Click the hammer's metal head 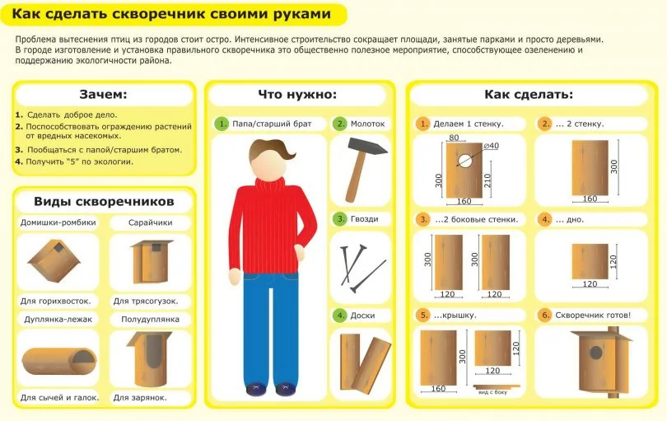click(x=367, y=147)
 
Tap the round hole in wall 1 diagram click(x=464, y=160)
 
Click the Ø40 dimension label click(x=492, y=146)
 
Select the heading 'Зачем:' click(x=104, y=94)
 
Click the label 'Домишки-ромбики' click(x=58, y=222)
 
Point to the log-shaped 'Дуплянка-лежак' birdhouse click(x=59, y=361)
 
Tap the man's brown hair click(x=272, y=150)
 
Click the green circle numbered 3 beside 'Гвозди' click(x=340, y=219)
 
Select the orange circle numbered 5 click(x=423, y=316)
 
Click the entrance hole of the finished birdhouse click(x=596, y=353)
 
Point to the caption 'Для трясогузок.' click(x=146, y=302)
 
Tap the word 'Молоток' click(x=367, y=124)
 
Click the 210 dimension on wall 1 click(x=488, y=180)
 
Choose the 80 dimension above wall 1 click(x=454, y=138)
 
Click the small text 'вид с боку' click(x=492, y=392)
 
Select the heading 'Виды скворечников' click(x=105, y=201)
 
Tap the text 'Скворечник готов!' click(x=593, y=316)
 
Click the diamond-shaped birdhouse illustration click(x=54, y=261)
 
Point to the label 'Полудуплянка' click(x=150, y=320)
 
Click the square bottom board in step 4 click(x=590, y=261)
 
